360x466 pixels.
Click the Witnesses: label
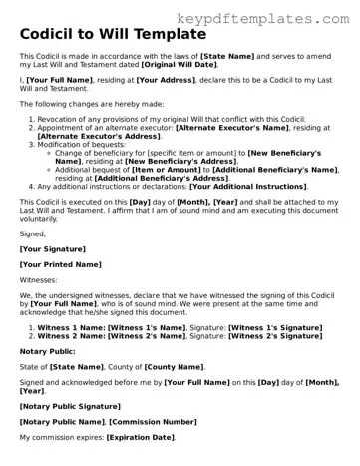point(39,282)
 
